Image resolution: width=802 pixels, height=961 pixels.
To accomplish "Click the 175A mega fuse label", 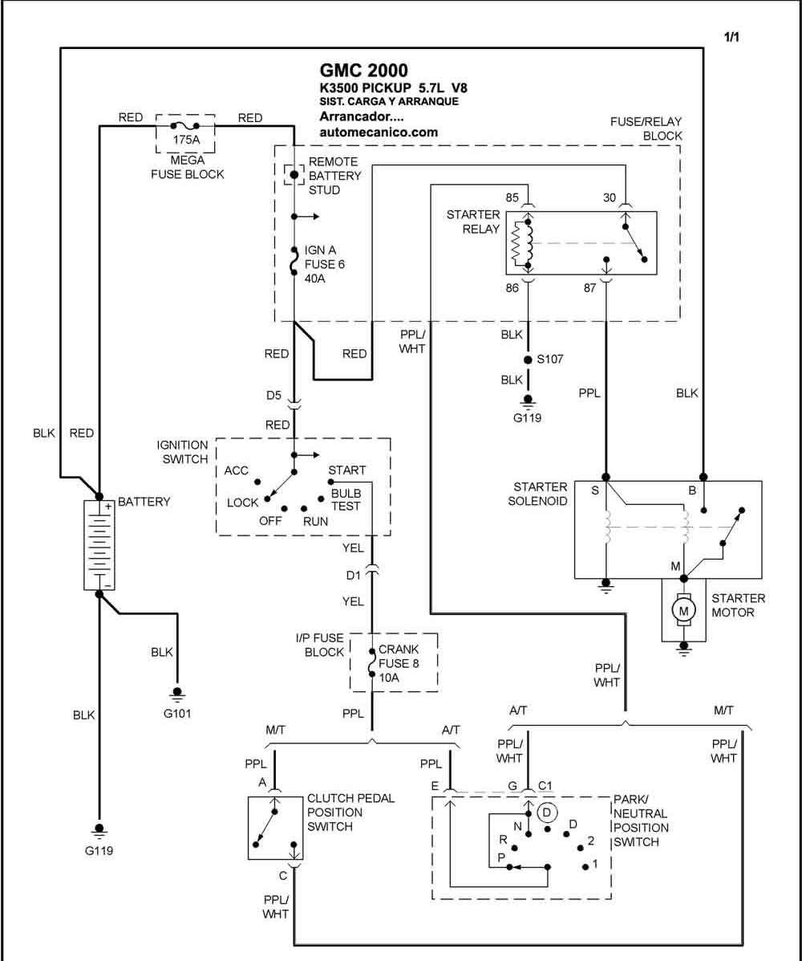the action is point(186,140).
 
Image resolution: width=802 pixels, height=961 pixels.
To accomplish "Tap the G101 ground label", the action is point(177,714).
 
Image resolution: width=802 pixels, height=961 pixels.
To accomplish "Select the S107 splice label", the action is point(549,359).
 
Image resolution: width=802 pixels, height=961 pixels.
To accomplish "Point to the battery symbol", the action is point(99,545).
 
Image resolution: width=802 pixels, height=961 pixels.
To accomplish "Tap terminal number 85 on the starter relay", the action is point(512,197).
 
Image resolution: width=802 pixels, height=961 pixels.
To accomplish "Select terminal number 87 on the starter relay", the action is point(589,288).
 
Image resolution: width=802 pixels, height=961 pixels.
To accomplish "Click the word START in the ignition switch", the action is point(346,470).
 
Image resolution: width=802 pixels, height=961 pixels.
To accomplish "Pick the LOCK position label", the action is point(242,503).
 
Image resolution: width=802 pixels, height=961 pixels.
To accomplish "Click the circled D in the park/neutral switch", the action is point(547,812).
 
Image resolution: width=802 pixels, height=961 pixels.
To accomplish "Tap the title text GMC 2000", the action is point(363,71).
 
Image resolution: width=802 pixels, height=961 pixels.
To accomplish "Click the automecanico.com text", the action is point(379,132).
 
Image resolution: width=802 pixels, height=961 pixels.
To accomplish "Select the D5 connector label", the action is point(273,395).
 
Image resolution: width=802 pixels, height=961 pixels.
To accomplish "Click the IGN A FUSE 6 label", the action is point(325,264).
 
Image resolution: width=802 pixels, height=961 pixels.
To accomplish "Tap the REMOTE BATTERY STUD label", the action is point(334,176).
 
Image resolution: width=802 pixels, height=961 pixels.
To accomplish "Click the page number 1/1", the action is point(731,37).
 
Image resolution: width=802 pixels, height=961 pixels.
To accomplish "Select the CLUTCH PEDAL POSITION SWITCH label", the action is point(350,812).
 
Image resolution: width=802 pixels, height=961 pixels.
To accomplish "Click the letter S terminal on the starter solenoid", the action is point(594,491).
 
